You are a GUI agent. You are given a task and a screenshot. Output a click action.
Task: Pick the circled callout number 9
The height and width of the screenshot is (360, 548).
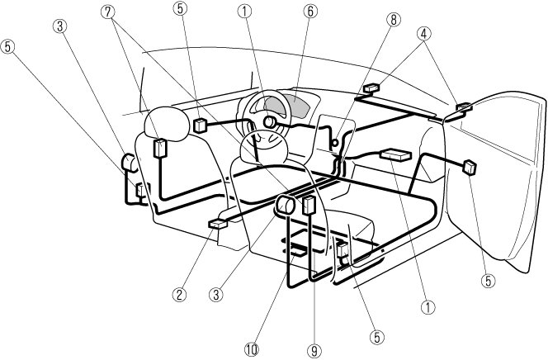point(314,350)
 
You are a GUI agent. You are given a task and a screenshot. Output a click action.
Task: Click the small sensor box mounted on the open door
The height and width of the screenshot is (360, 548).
point(470,167)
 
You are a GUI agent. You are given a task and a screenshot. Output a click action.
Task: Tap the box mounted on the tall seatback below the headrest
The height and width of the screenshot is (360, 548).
point(160,149)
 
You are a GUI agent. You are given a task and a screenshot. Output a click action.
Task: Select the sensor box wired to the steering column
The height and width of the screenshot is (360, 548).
point(200,125)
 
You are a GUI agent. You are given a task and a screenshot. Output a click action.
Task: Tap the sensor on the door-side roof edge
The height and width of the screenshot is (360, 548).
point(462,106)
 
